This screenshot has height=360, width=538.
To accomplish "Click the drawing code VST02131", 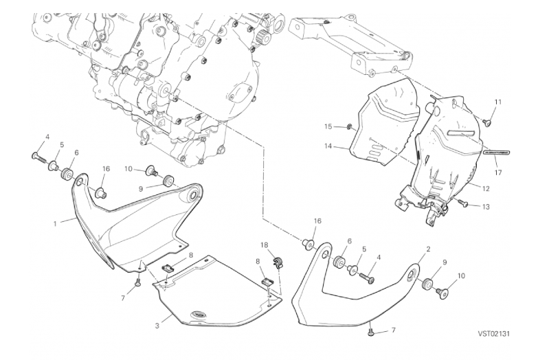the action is click(494, 334).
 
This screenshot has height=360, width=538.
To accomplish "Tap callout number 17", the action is click(498, 172).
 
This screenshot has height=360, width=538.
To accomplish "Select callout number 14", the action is click(328, 146).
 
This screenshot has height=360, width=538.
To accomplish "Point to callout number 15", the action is click(328, 126).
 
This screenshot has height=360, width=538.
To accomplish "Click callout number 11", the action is click(498, 102).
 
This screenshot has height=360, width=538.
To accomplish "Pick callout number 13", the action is click(486, 207).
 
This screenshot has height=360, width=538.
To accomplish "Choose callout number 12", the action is click(486, 188).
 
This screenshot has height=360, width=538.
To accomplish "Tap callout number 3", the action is click(157, 326).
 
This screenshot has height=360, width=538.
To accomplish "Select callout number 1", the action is click(55, 224).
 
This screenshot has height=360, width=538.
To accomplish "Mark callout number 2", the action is click(428, 249).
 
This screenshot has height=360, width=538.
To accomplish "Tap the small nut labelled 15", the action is click(348, 128).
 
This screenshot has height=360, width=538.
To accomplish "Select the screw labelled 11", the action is click(488, 121).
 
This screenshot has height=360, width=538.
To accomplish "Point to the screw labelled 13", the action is click(462, 203).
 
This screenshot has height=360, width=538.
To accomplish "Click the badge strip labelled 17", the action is click(497, 152).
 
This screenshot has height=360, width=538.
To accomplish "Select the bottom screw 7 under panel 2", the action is click(370, 331).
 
